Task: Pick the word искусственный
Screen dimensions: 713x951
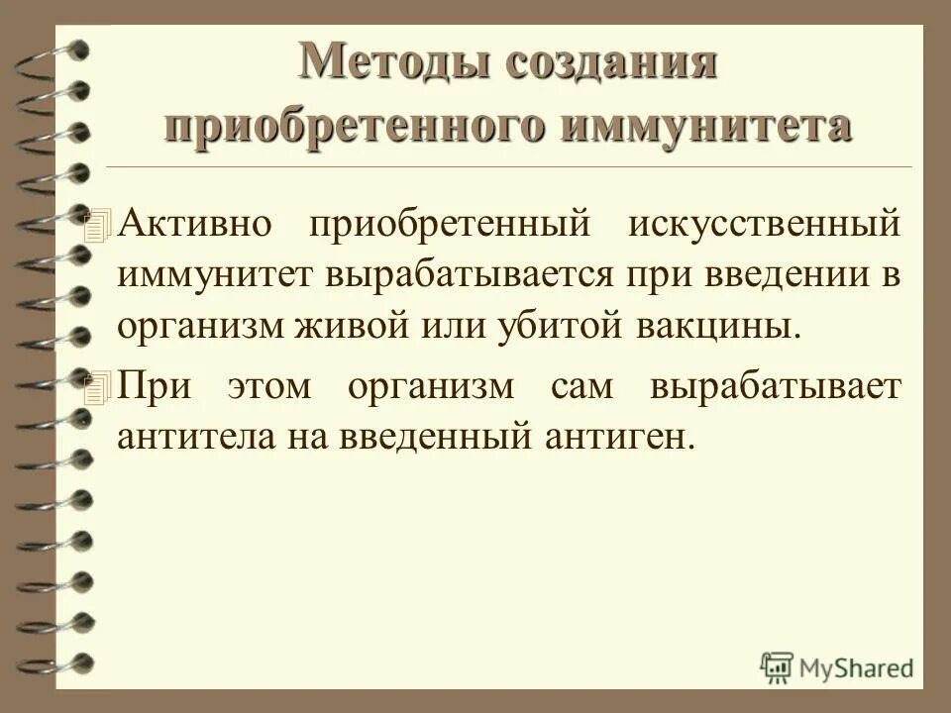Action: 765,223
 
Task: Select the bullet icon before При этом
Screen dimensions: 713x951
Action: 94,390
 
